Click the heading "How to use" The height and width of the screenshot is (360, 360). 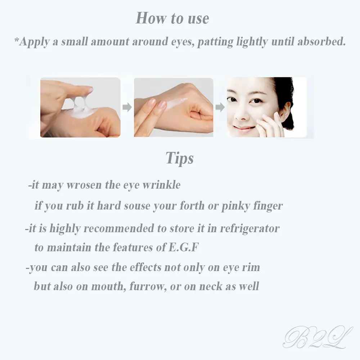click(x=172, y=18)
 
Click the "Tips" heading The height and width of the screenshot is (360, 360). click(x=180, y=158)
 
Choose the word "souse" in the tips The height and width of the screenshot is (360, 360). click(x=139, y=206)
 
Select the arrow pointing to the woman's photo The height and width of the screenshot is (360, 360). click(x=220, y=107)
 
